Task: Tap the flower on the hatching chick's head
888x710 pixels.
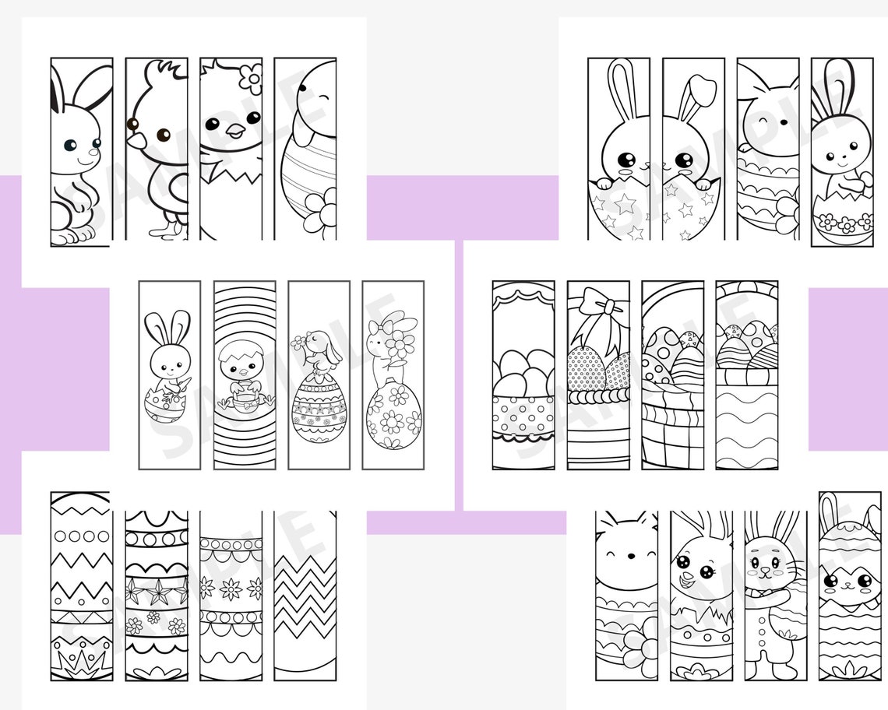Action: coord(250,79)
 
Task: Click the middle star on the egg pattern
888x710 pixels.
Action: coord(158,593)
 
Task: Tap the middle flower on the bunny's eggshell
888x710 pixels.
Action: coord(846,224)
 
